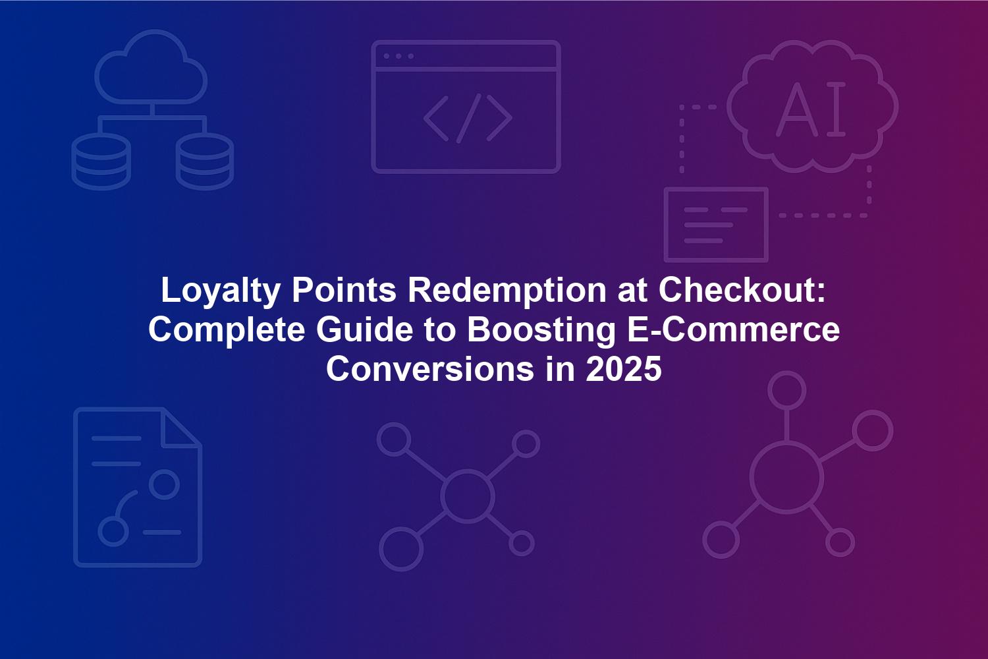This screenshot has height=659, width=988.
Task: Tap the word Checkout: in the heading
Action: tap(742, 290)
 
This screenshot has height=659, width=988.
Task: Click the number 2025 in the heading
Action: tap(624, 369)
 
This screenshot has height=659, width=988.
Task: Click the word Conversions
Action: tap(431, 369)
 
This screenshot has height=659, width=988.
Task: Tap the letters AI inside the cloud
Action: tap(811, 109)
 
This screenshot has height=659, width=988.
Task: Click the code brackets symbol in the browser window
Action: tap(468, 119)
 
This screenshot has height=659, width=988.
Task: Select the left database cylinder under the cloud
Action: tap(101, 161)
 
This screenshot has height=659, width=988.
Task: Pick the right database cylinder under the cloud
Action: tap(205, 161)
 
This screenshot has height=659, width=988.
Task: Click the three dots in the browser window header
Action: tap(398, 57)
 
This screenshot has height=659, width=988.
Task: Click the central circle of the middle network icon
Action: tap(468, 496)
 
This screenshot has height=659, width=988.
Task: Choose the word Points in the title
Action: tap(344, 290)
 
